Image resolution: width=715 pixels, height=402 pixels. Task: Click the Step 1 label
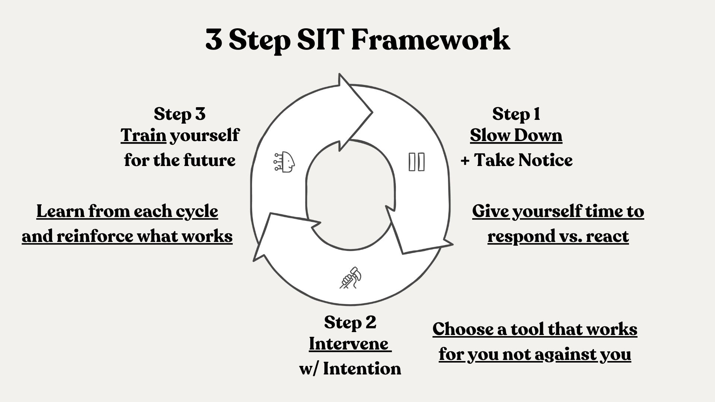(x=516, y=114)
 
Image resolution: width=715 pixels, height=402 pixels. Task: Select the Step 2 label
(x=350, y=322)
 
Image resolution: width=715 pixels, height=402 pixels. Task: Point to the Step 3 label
(x=179, y=114)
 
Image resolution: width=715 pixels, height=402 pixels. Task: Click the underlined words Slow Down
(x=516, y=135)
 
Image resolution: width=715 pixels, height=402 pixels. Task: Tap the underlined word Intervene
(x=350, y=344)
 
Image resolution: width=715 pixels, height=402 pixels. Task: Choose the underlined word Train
(x=143, y=135)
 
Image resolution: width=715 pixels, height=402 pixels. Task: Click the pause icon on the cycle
(x=416, y=162)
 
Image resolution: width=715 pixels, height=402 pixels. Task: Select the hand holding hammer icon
(x=350, y=277)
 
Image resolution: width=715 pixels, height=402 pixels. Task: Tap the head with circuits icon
(x=285, y=162)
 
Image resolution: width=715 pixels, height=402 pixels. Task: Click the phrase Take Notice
(x=523, y=160)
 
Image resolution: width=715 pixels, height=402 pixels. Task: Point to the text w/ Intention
(x=350, y=369)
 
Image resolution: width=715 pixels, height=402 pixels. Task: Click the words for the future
(x=180, y=160)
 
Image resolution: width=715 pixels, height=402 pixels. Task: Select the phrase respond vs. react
(x=558, y=236)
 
